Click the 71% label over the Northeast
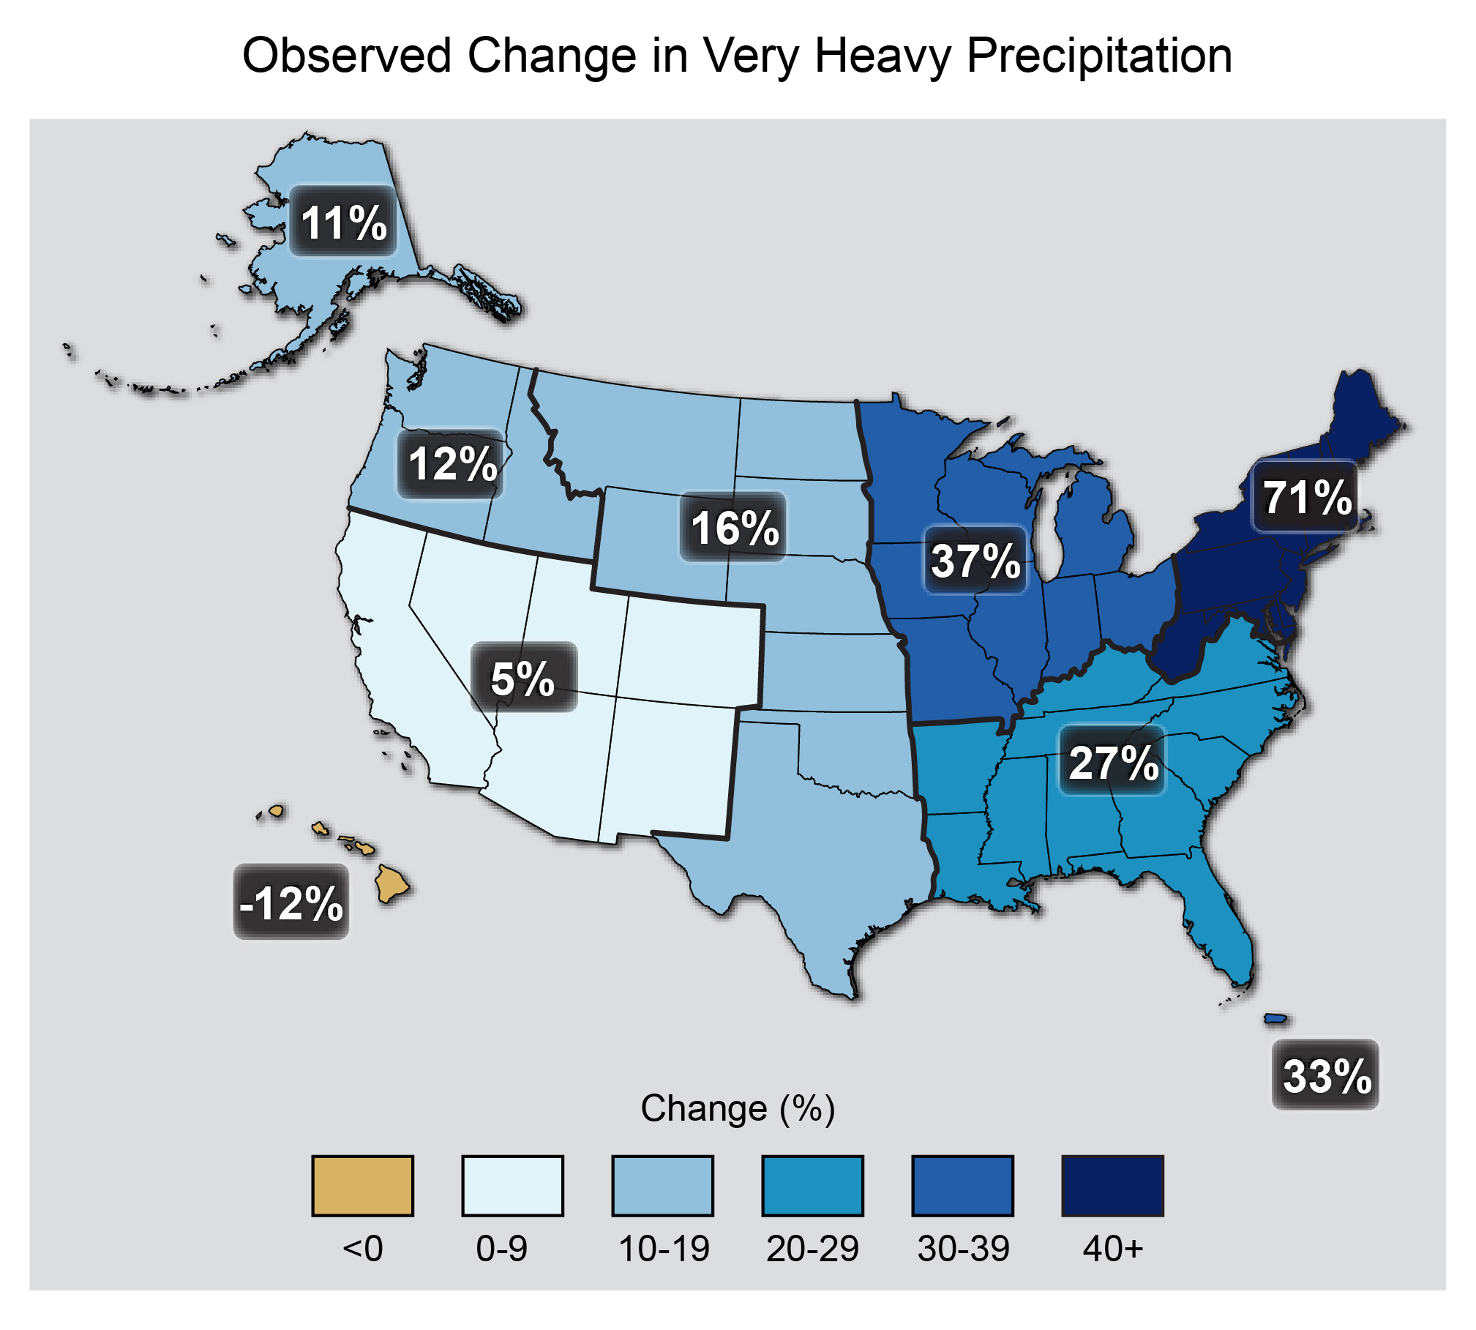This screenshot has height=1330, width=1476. tap(1307, 498)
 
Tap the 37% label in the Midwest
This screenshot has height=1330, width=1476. tap(975, 561)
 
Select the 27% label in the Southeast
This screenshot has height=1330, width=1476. tap(1113, 762)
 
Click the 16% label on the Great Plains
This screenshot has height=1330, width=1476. tap(734, 528)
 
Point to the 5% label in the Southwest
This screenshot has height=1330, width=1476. tap(523, 679)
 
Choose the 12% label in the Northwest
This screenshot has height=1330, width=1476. tap(452, 464)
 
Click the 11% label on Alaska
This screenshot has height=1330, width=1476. tap(343, 223)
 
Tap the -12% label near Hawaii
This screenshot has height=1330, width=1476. tap(291, 903)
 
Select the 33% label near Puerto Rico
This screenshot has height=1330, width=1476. tap(1325, 1075)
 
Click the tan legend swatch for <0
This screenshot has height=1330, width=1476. tap(362, 1185)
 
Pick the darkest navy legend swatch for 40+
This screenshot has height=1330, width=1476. tap(1112, 1185)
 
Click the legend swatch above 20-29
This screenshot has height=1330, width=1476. tap(812, 1185)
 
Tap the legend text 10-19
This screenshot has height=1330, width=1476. tap(663, 1248)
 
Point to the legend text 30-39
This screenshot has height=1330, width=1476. tap(963, 1248)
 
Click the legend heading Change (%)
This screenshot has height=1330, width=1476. tap(738, 1108)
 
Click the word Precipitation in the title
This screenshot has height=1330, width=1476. tap(1099, 56)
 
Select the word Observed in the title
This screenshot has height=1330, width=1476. tap(346, 56)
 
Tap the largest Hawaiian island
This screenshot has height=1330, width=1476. tap(392, 883)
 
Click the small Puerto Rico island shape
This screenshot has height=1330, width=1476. tap(1275, 1018)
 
